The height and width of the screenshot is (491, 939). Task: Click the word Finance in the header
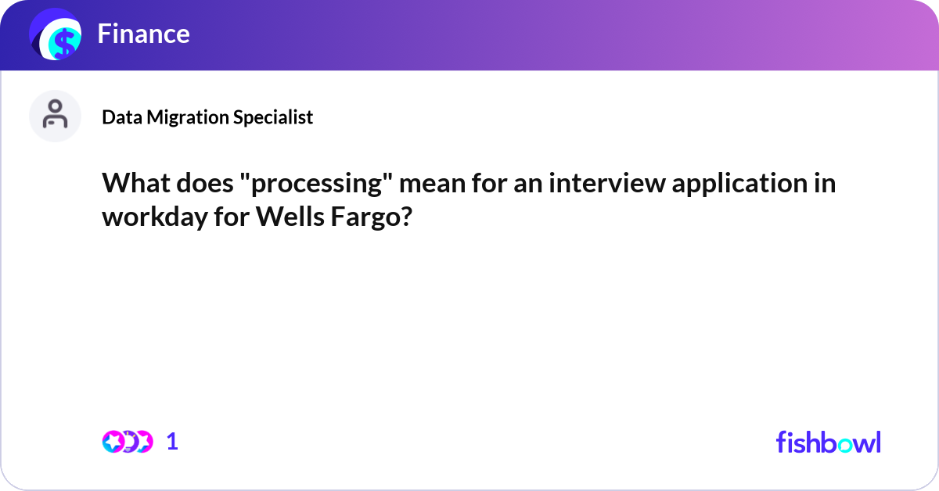tap(143, 34)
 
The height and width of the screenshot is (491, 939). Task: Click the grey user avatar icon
tap(55, 116)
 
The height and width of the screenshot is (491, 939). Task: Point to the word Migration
tap(187, 116)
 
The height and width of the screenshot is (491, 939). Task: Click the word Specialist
tap(273, 116)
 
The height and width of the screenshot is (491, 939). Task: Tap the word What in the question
tap(136, 183)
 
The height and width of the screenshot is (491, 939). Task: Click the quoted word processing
tap(316, 185)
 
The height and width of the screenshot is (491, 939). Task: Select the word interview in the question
tap(607, 183)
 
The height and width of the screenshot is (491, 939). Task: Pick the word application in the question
tap(740, 185)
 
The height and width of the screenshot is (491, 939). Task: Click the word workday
tap(155, 218)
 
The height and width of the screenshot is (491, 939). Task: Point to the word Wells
tap(290, 217)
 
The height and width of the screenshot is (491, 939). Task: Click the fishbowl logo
tap(829, 442)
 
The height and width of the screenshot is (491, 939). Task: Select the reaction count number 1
tap(172, 442)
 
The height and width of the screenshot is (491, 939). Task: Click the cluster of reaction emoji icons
tap(128, 442)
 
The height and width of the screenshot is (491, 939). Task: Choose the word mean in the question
tap(432, 185)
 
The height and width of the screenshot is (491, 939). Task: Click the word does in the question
tap(204, 183)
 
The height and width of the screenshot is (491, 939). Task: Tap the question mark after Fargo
tap(405, 217)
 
